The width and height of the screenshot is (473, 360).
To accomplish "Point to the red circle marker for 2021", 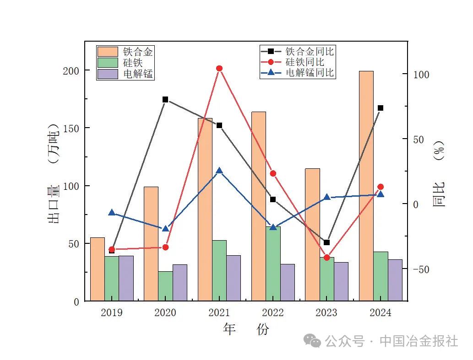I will coord(219,69).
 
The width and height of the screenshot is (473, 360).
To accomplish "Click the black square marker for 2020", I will coord(165,99).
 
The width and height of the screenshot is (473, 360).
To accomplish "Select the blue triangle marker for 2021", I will coord(219,171).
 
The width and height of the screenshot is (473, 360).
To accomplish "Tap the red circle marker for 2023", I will coord(326,258).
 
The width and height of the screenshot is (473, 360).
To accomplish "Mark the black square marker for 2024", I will coord(381,108).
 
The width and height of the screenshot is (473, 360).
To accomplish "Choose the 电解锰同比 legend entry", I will coord(298,72).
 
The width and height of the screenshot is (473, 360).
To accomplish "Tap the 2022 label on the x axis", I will coord(273,313).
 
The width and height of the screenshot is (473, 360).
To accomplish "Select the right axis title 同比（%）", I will coord(439,174).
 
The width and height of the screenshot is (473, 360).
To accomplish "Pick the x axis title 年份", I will coord(246,329).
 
